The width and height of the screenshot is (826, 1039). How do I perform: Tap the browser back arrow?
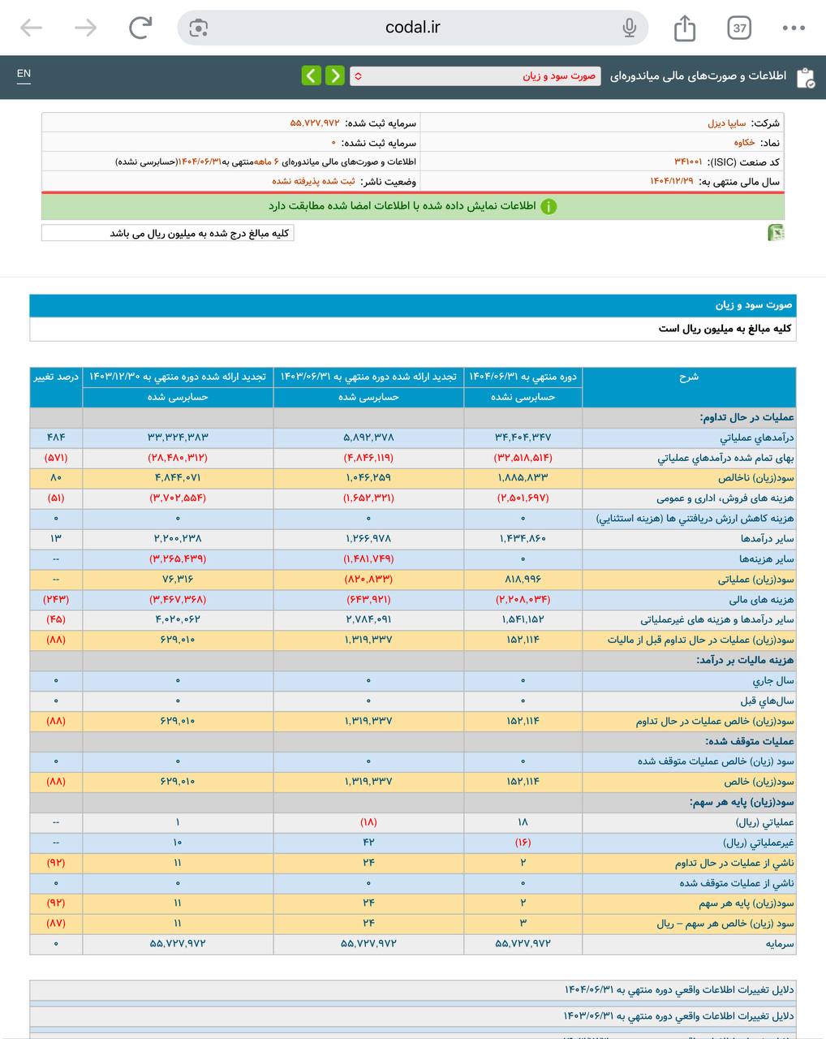click(x=31, y=28)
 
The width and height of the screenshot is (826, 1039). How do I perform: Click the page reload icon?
click(x=140, y=28)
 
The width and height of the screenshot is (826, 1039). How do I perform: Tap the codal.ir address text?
click(x=412, y=28)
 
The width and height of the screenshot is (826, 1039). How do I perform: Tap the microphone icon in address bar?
click(x=629, y=28)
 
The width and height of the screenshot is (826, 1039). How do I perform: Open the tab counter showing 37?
click(x=739, y=28)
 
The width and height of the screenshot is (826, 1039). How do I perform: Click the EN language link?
click(x=24, y=74)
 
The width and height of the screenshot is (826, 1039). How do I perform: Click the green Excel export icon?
click(x=776, y=233)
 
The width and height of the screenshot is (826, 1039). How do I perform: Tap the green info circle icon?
click(x=549, y=206)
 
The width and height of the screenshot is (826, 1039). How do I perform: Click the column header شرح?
click(x=688, y=377)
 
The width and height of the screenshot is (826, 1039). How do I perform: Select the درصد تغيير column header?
click(x=56, y=377)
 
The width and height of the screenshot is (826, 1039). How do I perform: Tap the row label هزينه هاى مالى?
click(x=761, y=600)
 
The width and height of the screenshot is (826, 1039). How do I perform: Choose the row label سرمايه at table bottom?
click(x=779, y=944)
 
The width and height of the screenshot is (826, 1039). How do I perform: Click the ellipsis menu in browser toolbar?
click(x=793, y=28)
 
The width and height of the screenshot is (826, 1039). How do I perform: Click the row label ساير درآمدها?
click(x=767, y=539)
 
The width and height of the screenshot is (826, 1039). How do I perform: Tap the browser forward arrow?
click(x=85, y=28)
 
